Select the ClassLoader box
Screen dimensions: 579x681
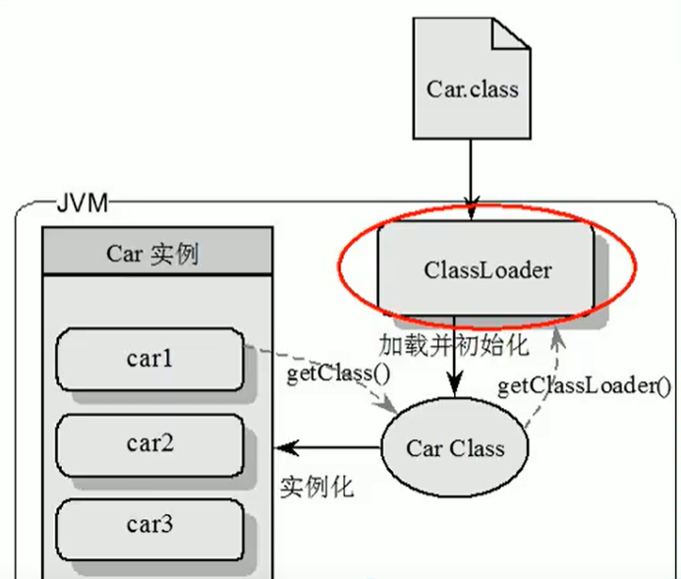tap(486, 267)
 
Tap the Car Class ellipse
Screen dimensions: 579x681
tap(454, 449)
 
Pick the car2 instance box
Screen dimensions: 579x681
tap(149, 443)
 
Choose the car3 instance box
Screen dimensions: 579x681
tap(149, 525)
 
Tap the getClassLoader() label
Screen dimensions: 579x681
tap(584, 384)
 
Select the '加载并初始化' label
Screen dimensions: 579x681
tap(454, 344)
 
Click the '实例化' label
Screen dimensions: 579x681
tap(316, 487)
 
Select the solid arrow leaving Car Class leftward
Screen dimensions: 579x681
tap(329, 448)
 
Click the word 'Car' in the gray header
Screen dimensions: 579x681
tap(125, 254)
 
